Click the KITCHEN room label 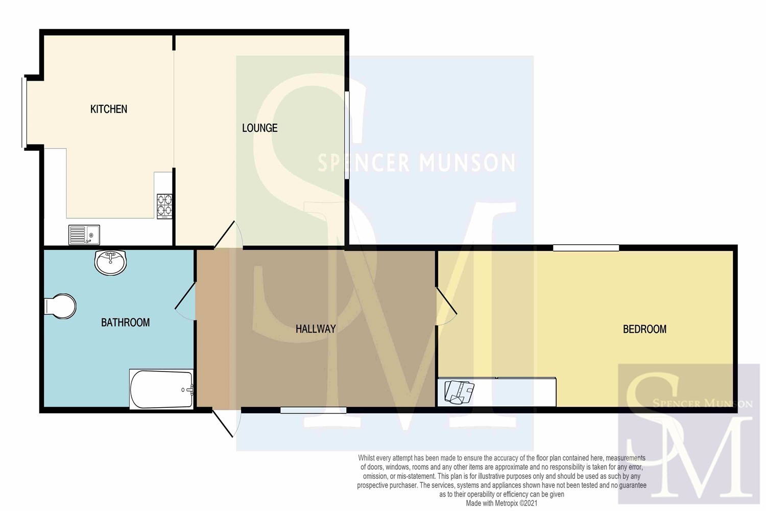point(109,109)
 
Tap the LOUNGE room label point(259,128)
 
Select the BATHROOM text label point(125,322)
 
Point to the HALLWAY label point(315,329)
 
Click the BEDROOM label point(644,329)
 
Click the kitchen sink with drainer point(84,235)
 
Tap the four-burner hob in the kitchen point(164,206)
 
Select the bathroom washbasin point(110,262)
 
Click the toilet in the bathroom point(60,306)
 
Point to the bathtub point(161,389)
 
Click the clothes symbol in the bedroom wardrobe point(459,392)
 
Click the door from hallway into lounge point(228,235)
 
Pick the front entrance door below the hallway point(226,423)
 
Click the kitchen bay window point(24,112)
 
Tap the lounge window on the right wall point(347,135)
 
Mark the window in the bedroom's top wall point(586,248)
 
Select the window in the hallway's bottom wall point(313,410)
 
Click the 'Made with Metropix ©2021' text point(501,503)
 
